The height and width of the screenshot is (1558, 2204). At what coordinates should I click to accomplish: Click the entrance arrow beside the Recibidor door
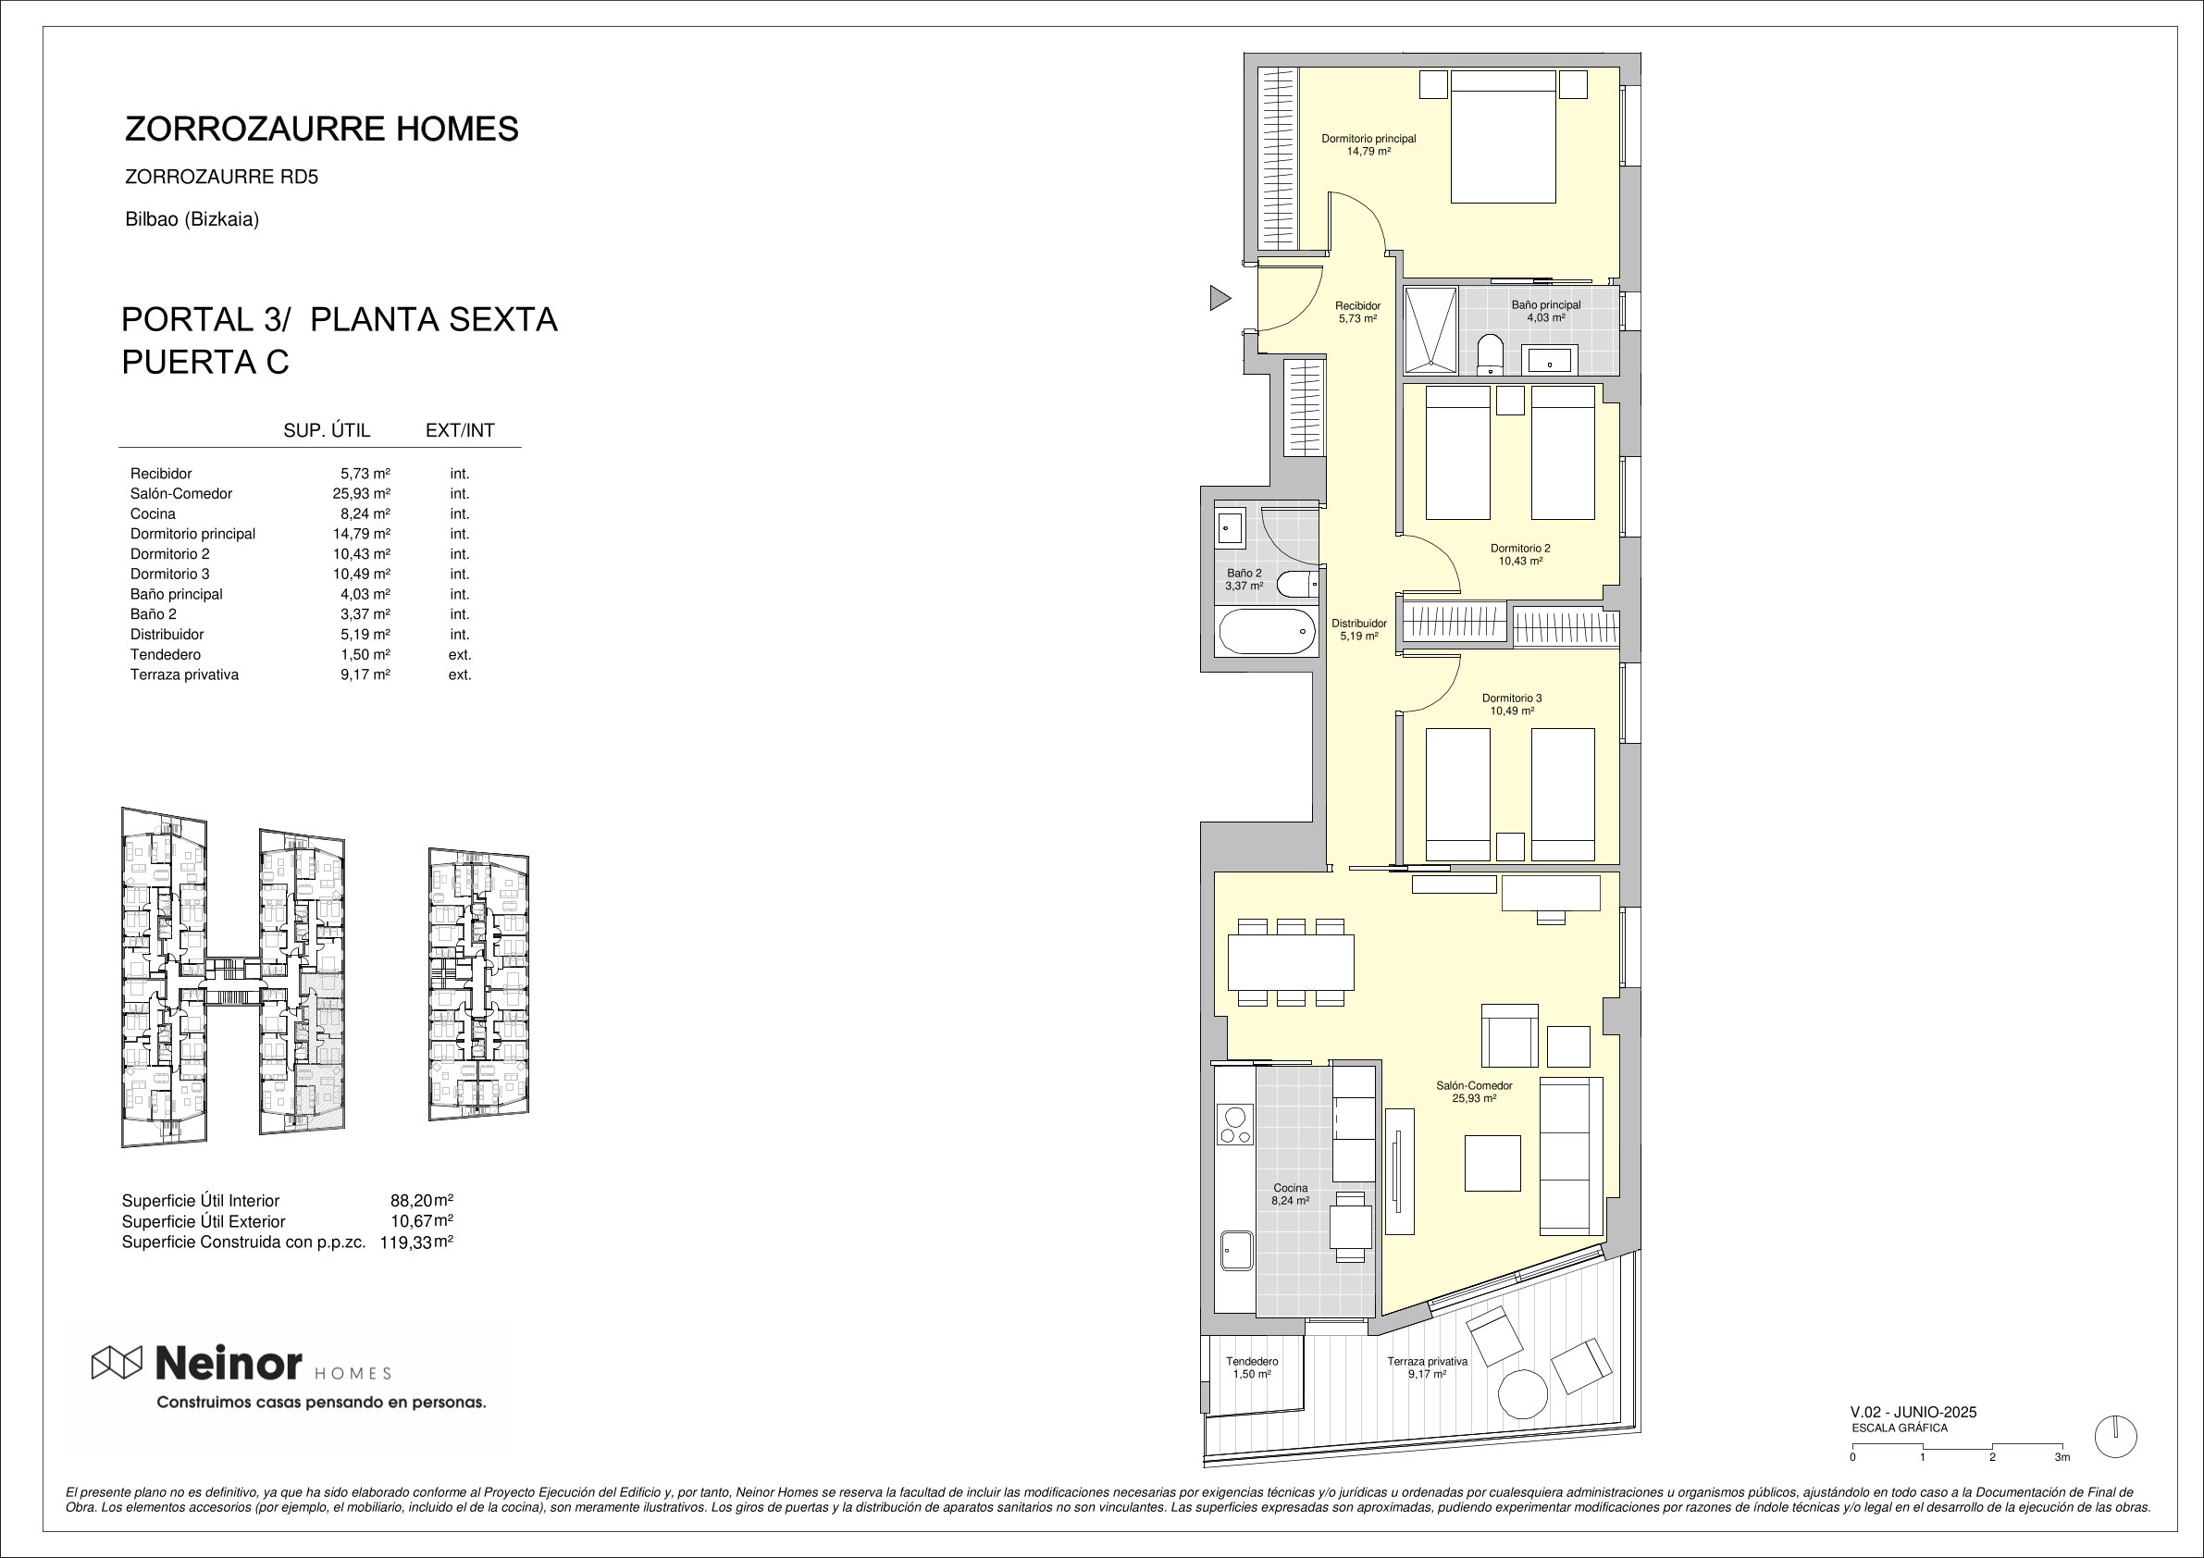[1220, 299]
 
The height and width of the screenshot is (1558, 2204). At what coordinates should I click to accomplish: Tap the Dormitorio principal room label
[1368, 138]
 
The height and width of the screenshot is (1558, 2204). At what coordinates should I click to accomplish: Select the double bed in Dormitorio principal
[1503, 136]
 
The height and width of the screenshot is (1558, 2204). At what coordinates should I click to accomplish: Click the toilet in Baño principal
[1490, 354]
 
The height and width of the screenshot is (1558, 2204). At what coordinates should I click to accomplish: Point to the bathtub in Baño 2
[1267, 632]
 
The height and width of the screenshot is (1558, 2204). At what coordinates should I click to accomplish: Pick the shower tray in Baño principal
[1430, 330]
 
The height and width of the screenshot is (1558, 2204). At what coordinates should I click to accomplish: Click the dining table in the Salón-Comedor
[1291, 962]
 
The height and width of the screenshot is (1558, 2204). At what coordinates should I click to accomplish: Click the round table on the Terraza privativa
[1522, 1394]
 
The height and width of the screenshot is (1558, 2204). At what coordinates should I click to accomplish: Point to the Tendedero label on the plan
[1252, 1361]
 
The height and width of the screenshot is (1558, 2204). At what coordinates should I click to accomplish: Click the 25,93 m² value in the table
[361, 493]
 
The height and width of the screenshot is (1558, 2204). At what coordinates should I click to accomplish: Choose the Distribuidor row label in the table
[167, 635]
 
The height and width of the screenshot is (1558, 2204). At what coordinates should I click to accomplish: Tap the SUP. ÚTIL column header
[327, 431]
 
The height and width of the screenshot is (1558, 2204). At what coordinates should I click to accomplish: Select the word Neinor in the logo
[229, 1361]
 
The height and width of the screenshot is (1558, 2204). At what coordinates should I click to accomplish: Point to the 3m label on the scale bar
[2062, 1457]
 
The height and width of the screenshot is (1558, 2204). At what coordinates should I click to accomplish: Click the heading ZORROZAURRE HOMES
[322, 129]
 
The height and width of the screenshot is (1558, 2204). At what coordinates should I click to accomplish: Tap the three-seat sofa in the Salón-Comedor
[1571, 1156]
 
